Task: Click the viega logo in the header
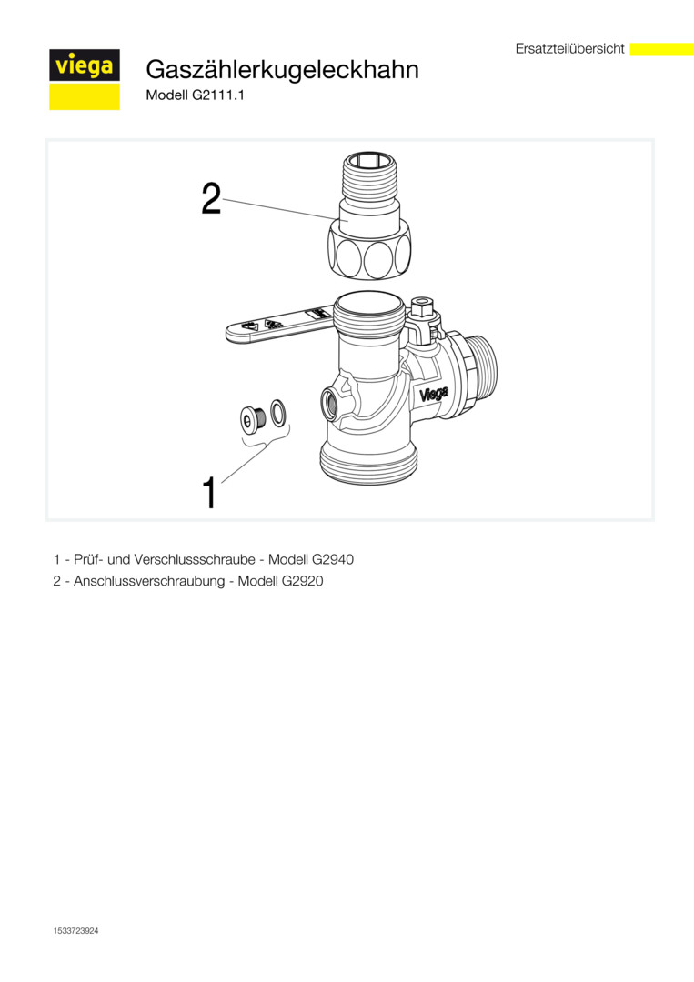point(85,79)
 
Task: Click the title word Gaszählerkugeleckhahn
point(283,69)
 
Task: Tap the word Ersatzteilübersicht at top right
point(570,49)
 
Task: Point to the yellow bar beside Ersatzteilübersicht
point(661,49)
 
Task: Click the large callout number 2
point(212,199)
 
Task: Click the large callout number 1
point(209,493)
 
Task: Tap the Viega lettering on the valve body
point(434,395)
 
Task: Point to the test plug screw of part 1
point(254,417)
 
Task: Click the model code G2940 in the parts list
point(332,559)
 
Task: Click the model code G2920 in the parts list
point(302,581)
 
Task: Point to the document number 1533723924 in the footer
point(76,931)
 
